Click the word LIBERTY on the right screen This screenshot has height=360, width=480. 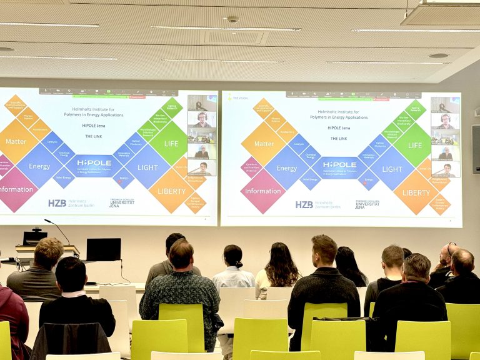tap(416, 192)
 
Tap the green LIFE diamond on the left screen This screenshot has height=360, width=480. tap(171, 144)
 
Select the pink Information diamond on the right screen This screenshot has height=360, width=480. tap(262, 191)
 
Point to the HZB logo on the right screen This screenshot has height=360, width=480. tap(304, 204)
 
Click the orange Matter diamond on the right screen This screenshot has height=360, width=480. tap(264, 143)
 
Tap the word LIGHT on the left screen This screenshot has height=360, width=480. tap(147, 167)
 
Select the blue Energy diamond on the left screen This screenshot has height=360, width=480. tap(39, 166)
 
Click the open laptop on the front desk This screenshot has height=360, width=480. tap(104, 249)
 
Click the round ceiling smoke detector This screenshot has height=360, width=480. tap(232, 20)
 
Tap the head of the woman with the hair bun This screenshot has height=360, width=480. tap(233, 255)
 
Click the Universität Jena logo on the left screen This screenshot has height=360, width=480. tap(122, 202)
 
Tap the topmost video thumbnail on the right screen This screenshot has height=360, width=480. tap(445, 105)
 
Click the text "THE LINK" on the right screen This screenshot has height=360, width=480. tap(338, 138)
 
